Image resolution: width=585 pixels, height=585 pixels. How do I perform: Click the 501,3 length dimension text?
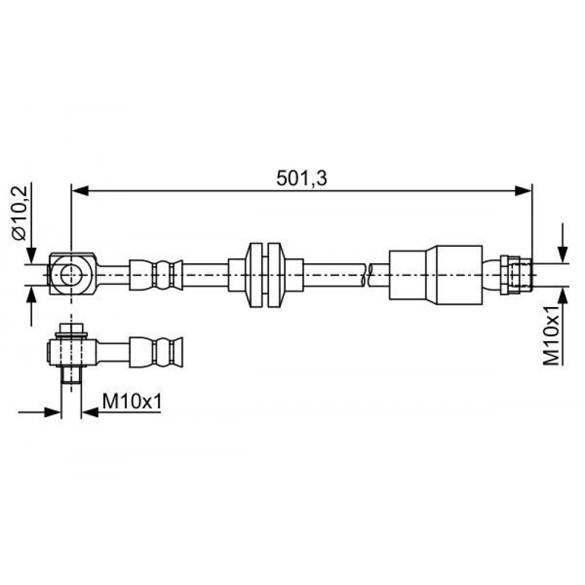tap(301, 178)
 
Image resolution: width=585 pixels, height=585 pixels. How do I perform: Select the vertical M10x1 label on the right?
tap(552, 335)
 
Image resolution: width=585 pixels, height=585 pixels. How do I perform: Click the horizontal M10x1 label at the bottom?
tap(132, 402)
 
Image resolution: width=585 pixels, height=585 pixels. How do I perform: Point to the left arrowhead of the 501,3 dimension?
tap(80, 191)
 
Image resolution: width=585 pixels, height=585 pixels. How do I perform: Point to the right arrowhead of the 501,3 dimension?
tap(523, 191)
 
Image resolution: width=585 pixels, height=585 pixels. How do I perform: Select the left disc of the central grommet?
tap(254, 275)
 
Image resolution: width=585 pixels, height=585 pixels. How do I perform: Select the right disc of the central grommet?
tap(276, 275)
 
